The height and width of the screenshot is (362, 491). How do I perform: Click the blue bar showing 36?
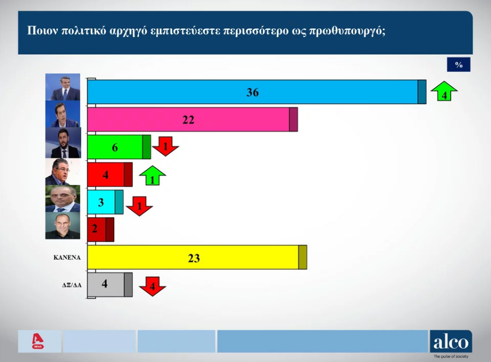[x=257, y=92]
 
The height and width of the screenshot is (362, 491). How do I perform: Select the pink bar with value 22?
[x=192, y=119]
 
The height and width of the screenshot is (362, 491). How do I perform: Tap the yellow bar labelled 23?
[x=197, y=258]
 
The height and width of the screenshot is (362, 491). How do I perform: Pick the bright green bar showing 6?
[x=119, y=147]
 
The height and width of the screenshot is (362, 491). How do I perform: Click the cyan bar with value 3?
[x=105, y=202]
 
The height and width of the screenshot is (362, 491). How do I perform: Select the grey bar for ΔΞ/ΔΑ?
[x=110, y=285]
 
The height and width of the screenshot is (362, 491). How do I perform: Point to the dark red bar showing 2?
[x=101, y=230]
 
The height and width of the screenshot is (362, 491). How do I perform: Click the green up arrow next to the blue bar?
[x=444, y=91]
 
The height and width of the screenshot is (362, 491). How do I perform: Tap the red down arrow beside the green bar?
[x=166, y=146]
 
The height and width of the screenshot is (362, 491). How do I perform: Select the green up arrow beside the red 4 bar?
[x=153, y=176]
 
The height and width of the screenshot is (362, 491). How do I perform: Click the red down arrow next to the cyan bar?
[x=139, y=206]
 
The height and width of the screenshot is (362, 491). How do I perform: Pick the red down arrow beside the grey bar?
[x=153, y=287]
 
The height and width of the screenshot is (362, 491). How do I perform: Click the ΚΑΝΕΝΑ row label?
[x=67, y=258]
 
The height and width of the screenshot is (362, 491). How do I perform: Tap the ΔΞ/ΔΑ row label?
[x=72, y=285]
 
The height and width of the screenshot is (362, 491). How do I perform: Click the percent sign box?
[x=458, y=65]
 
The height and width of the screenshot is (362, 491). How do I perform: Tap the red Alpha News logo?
[x=38, y=341]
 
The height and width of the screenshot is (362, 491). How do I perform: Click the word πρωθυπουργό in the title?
[x=347, y=31]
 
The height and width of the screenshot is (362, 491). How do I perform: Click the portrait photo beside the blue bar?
[x=63, y=87]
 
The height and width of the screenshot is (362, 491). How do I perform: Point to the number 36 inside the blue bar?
[x=253, y=92]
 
